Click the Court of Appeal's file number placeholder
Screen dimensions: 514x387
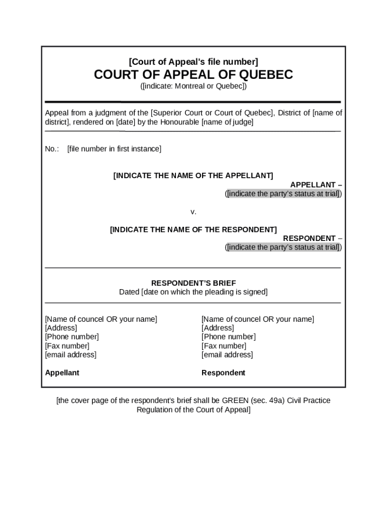click(x=193, y=62)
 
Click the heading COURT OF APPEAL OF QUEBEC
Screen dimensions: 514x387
click(x=193, y=75)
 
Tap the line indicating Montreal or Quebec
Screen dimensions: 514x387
click(x=193, y=86)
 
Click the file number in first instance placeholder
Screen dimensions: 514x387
click(x=114, y=149)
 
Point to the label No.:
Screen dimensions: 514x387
click(x=52, y=149)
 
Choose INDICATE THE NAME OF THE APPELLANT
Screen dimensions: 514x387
click(x=193, y=176)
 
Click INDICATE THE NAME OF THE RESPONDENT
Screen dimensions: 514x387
click(x=193, y=229)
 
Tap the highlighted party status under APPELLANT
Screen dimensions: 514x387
click(x=283, y=194)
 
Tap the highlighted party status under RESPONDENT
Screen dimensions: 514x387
click(x=283, y=247)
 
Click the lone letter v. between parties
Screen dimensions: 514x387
click(x=193, y=212)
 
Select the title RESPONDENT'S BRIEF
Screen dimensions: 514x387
click(x=193, y=283)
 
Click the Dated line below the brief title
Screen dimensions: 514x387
click(x=193, y=292)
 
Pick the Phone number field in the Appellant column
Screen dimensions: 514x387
click(x=72, y=337)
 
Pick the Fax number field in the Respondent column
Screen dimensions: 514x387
click(x=224, y=346)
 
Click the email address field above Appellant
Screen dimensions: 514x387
click(x=71, y=355)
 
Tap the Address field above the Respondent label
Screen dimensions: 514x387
click(x=218, y=328)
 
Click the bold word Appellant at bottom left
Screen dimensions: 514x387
click(x=62, y=373)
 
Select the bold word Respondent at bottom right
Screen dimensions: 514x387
click(x=223, y=373)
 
